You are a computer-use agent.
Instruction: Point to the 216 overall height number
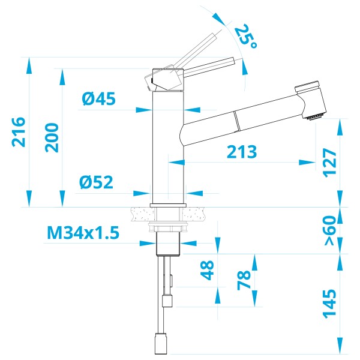[x=19, y=131]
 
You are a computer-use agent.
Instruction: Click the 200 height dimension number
[x=52, y=137]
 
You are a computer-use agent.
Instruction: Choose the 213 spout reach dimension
[x=242, y=152]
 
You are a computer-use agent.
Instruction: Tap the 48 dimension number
[x=208, y=269]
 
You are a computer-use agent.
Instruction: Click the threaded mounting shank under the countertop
[x=167, y=243]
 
